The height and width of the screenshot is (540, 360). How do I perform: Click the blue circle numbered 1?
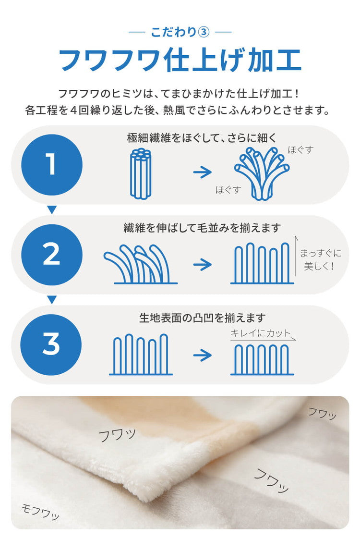[x=52, y=165]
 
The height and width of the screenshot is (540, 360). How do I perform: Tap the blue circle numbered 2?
[x=52, y=255]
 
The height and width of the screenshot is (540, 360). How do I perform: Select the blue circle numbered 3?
[x=51, y=344]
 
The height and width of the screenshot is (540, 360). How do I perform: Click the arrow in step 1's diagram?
[x=203, y=172]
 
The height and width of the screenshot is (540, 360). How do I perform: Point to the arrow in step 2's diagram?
[x=203, y=265]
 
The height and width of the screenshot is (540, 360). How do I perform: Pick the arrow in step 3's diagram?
[x=203, y=355]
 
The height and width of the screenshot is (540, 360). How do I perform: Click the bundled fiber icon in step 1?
[x=141, y=173]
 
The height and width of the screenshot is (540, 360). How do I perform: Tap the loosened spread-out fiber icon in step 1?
[x=262, y=173]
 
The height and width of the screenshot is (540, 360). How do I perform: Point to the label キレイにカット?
[x=261, y=333]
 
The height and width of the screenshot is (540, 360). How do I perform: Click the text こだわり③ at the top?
[x=180, y=32]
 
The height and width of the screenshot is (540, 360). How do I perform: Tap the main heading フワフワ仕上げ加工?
[x=180, y=60]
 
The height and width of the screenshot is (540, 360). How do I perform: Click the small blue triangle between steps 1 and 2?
[x=52, y=210]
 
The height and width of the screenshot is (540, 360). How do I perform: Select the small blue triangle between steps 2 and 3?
[x=52, y=300]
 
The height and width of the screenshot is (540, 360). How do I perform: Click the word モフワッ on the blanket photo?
[x=40, y=512]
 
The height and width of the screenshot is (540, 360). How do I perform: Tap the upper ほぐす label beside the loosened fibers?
[x=301, y=150]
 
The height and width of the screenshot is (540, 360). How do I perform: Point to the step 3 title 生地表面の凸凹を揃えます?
[x=203, y=318]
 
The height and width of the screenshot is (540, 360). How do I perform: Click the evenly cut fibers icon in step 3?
[x=262, y=359]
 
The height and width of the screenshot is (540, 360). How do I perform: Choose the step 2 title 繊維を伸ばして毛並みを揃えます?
[x=203, y=228]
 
